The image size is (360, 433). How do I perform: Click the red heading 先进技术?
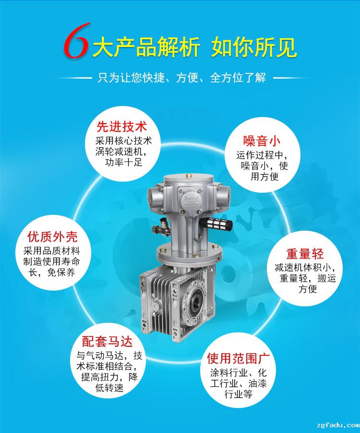pos(121,127)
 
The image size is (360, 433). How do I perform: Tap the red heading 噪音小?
pos(262,141)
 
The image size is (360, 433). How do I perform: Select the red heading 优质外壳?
pos(52,237)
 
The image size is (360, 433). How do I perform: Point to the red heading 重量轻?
pos(305,254)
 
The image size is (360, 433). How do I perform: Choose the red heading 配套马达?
pos(108,341)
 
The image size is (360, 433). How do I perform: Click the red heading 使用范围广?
pos(239,358)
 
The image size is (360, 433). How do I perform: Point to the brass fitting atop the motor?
pos(189,176)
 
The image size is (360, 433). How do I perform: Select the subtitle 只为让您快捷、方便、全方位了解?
pos(182,78)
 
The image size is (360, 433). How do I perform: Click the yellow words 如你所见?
pos(254,47)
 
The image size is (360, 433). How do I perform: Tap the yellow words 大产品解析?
pos(146,47)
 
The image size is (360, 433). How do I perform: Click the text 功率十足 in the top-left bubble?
pos(123,162)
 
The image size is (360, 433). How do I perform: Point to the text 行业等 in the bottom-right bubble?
pos(239,394)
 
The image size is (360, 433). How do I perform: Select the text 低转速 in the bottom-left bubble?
pos(109,388)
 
